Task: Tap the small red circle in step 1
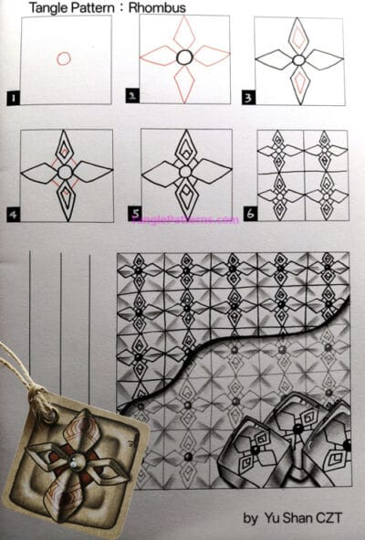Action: [63, 58]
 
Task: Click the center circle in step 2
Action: [183, 57]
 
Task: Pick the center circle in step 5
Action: [184, 171]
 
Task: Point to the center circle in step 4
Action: [65, 171]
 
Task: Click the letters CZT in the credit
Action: [334, 520]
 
